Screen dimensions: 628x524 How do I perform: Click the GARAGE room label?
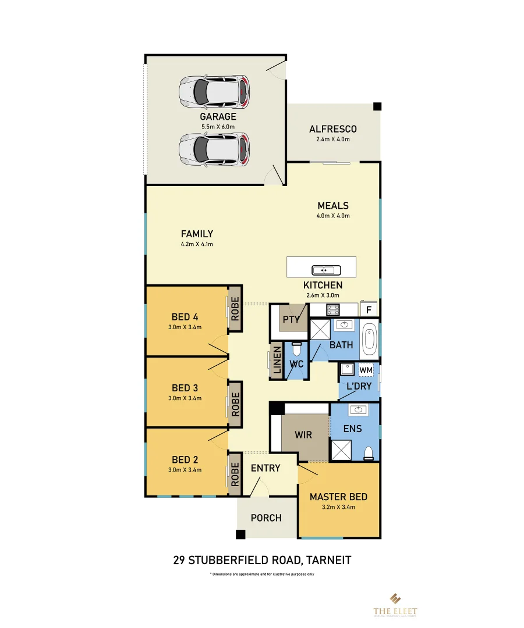(218, 117)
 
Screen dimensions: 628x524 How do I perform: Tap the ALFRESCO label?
(333, 129)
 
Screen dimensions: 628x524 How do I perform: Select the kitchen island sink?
(322, 270)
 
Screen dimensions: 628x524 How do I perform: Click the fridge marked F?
(369, 310)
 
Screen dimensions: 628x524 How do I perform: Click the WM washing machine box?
(366, 370)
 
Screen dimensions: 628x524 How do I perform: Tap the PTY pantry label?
(291, 319)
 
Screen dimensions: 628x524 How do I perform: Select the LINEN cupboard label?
(277, 361)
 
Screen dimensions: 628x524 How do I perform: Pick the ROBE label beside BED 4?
(235, 310)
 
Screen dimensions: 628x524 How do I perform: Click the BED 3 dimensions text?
(185, 398)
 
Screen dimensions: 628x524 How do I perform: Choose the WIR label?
(303, 434)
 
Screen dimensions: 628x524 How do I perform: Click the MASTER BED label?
(338, 497)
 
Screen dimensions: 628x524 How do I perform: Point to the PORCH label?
(266, 518)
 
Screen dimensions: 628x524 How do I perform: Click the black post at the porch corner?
(240, 534)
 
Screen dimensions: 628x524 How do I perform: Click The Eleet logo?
(395, 604)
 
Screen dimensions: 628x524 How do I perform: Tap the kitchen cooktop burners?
(334, 309)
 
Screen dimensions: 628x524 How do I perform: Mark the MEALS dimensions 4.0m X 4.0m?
(333, 216)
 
